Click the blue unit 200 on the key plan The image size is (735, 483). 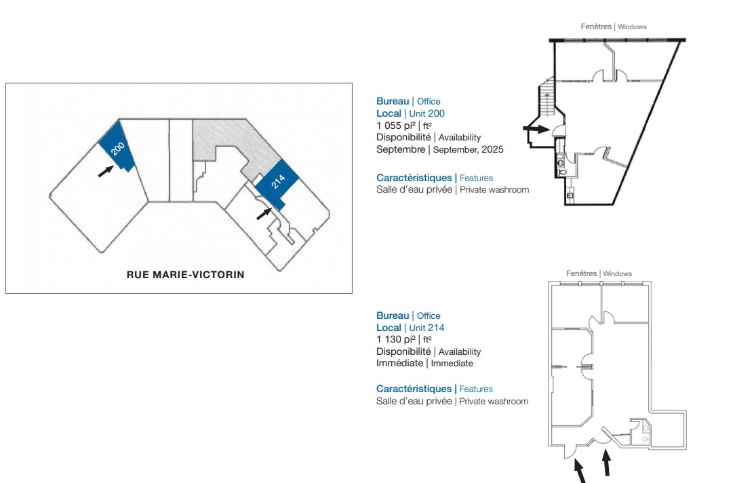pos(117,147)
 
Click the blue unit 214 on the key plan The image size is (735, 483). pos(277,183)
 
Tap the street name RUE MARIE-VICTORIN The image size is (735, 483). pos(186,275)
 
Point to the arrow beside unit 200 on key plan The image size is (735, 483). pos(106,172)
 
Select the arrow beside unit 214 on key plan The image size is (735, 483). pos(264,214)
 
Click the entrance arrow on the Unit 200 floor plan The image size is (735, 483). pos(536,128)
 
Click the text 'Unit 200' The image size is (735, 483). pos(426,113)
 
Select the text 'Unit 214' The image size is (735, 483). pos(426,328)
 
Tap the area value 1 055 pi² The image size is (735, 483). pos(395,125)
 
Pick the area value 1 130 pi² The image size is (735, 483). pos(395,339)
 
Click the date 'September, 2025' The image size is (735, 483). pos(468,150)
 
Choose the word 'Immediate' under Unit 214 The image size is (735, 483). pos(452,364)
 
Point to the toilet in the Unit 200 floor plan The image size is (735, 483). pos(562,172)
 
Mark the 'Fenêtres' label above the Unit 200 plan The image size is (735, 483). pos(596,26)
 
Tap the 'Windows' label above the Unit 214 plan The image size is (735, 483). pos(617,274)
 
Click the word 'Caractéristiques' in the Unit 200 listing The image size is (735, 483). pos(414,178)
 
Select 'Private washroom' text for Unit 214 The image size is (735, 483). pos(494,402)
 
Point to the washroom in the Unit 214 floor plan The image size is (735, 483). pos(640,432)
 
